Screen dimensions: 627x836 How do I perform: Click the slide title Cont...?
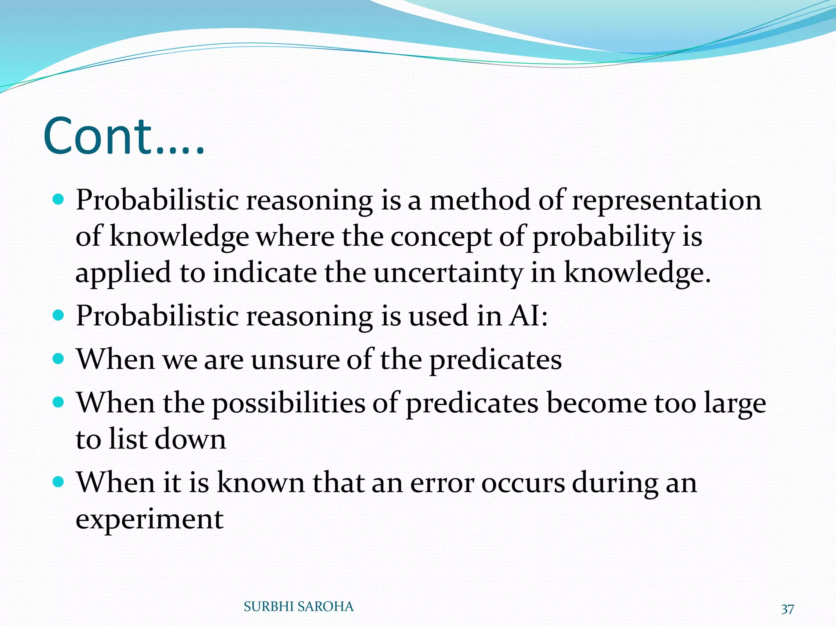(122, 137)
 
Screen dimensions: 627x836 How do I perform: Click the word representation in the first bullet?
(666, 201)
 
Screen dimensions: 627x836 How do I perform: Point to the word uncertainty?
(448, 273)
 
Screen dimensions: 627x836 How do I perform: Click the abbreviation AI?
(528, 316)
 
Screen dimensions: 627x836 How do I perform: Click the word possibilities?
(289, 404)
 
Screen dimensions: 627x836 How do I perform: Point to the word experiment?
(149, 520)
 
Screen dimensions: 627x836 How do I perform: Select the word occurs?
(523, 483)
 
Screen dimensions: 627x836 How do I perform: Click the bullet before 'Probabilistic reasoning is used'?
(59, 315)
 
